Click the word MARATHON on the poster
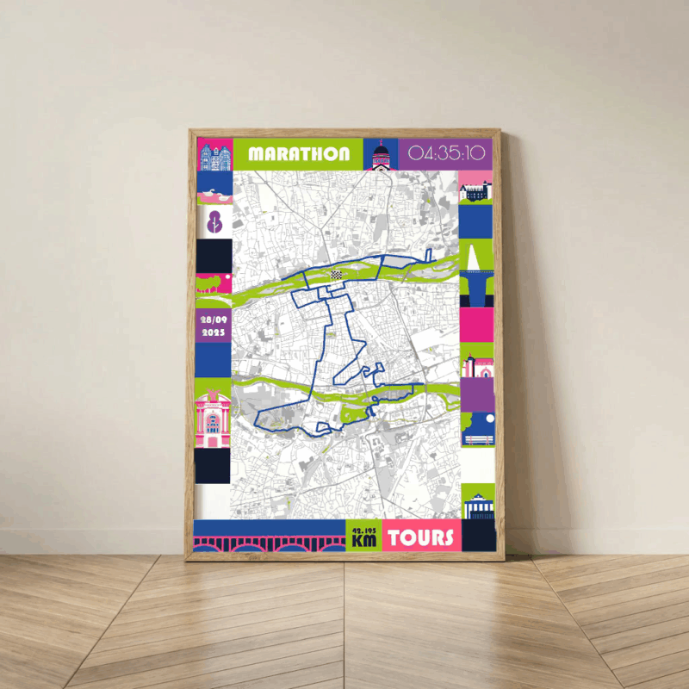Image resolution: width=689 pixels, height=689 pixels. tap(299, 154)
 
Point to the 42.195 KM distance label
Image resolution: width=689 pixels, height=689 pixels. tap(363, 536)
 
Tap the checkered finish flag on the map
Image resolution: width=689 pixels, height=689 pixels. tap(336, 274)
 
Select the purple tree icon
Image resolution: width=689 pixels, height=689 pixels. tap(215, 221)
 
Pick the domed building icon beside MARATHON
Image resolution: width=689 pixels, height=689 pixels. tap(380, 155)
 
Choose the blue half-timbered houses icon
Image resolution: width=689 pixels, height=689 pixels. tap(214, 155)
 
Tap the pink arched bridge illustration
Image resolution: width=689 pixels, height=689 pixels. tap(270, 543)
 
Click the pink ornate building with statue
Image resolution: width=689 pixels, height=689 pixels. tap(214, 418)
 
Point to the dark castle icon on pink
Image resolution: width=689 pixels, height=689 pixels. tap(476, 189)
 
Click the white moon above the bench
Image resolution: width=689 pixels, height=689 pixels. tap(486, 420)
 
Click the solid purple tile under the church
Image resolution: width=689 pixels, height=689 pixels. tap(477, 395)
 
